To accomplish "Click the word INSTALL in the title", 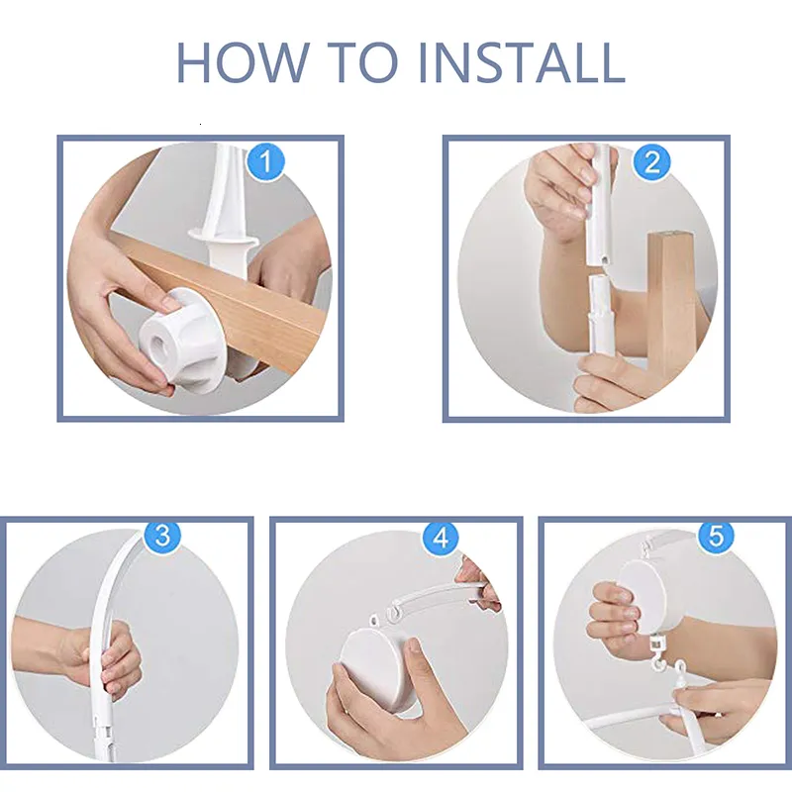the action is tap(523, 62).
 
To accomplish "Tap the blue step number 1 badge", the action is tap(265, 161).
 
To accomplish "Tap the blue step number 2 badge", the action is tap(651, 161).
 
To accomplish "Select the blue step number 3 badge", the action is tap(162, 536).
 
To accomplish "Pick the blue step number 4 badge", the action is tap(441, 537).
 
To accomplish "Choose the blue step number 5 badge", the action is tap(716, 536).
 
